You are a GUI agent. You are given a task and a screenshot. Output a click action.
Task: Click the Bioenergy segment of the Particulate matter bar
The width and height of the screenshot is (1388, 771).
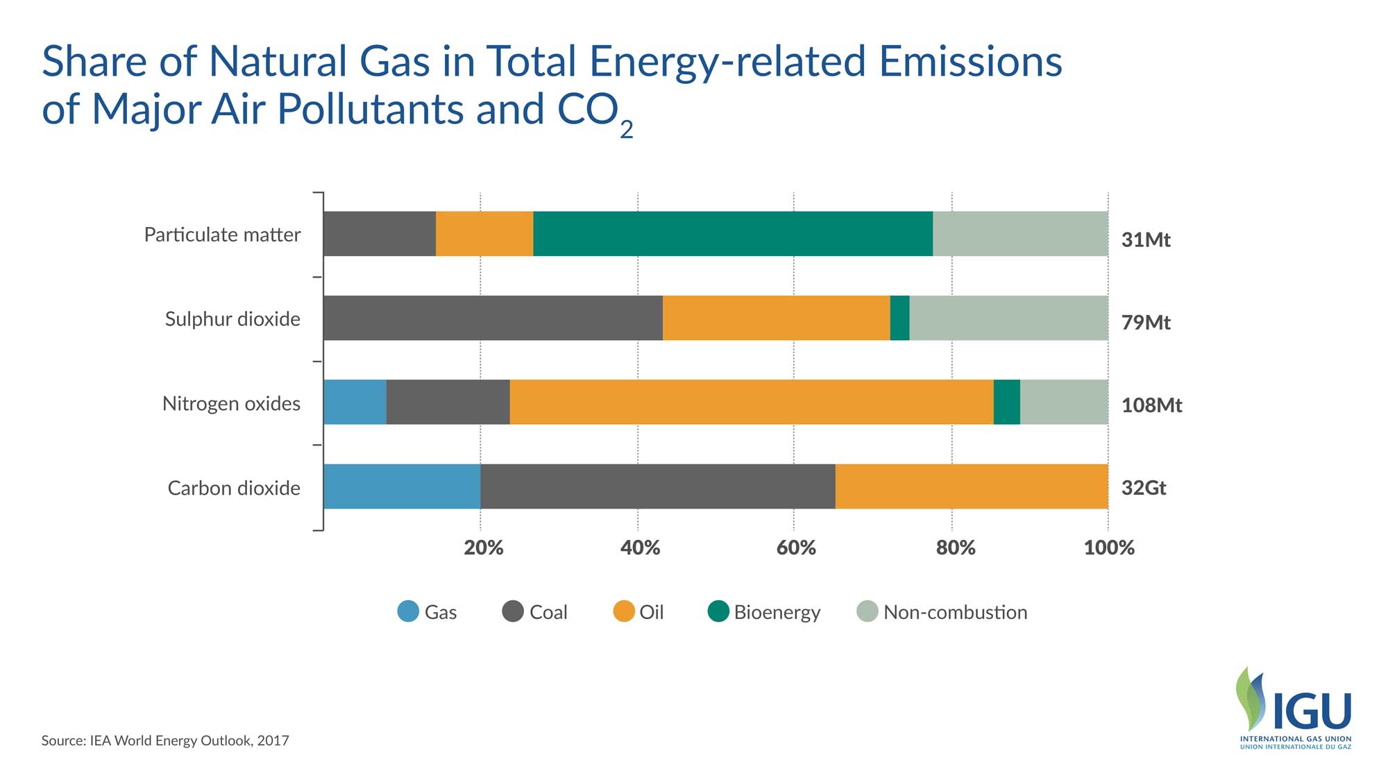pyautogui.click(x=733, y=234)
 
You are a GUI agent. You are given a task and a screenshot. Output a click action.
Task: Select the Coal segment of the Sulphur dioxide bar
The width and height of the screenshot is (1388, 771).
pyautogui.click(x=493, y=318)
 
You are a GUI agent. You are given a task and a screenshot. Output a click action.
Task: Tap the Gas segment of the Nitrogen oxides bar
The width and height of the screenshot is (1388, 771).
pyautogui.click(x=355, y=402)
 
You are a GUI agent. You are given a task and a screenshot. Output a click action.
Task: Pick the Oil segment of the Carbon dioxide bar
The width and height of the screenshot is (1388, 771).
pyautogui.click(x=972, y=486)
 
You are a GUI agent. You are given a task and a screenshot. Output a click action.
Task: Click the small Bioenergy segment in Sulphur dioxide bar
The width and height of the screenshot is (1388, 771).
pyautogui.click(x=899, y=318)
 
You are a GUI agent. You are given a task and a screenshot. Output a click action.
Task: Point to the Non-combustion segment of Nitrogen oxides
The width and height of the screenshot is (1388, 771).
pyautogui.click(x=1064, y=402)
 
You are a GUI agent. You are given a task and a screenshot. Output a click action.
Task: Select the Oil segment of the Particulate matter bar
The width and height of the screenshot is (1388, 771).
pyautogui.click(x=484, y=234)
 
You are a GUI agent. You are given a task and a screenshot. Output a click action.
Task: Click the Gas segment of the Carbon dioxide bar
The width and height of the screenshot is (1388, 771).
pyautogui.click(x=402, y=486)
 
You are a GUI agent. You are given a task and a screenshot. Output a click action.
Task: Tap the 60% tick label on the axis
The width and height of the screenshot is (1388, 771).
pyautogui.click(x=796, y=548)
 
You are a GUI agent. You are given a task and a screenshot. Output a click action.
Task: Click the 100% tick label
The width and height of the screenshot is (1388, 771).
pyautogui.click(x=1108, y=548)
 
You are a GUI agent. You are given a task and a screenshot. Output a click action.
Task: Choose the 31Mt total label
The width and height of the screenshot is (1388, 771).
pyautogui.click(x=1146, y=240)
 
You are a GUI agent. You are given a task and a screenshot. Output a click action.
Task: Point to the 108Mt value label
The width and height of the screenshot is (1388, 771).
pyautogui.click(x=1151, y=405)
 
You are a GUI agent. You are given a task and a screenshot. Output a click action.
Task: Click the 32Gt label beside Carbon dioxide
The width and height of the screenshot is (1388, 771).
pyautogui.click(x=1144, y=488)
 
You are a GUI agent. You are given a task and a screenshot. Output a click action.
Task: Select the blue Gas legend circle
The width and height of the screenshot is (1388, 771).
pyautogui.click(x=408, y=611)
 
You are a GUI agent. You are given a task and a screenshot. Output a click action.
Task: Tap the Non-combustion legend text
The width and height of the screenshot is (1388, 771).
pyautogui.click(x=955, y=612)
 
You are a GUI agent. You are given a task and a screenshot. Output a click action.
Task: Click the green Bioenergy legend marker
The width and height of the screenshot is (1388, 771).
pyautogui.click(x=718, y=611)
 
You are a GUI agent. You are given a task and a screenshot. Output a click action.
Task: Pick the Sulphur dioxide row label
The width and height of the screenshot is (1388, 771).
pyautogui.click(x=232, y=319)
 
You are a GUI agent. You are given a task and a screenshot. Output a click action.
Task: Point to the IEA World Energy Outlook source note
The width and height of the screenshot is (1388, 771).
pyautogui.click(x=165, y=740)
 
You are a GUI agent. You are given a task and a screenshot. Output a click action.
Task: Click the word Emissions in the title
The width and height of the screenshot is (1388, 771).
pyautogui.click(x=971, y=61)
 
